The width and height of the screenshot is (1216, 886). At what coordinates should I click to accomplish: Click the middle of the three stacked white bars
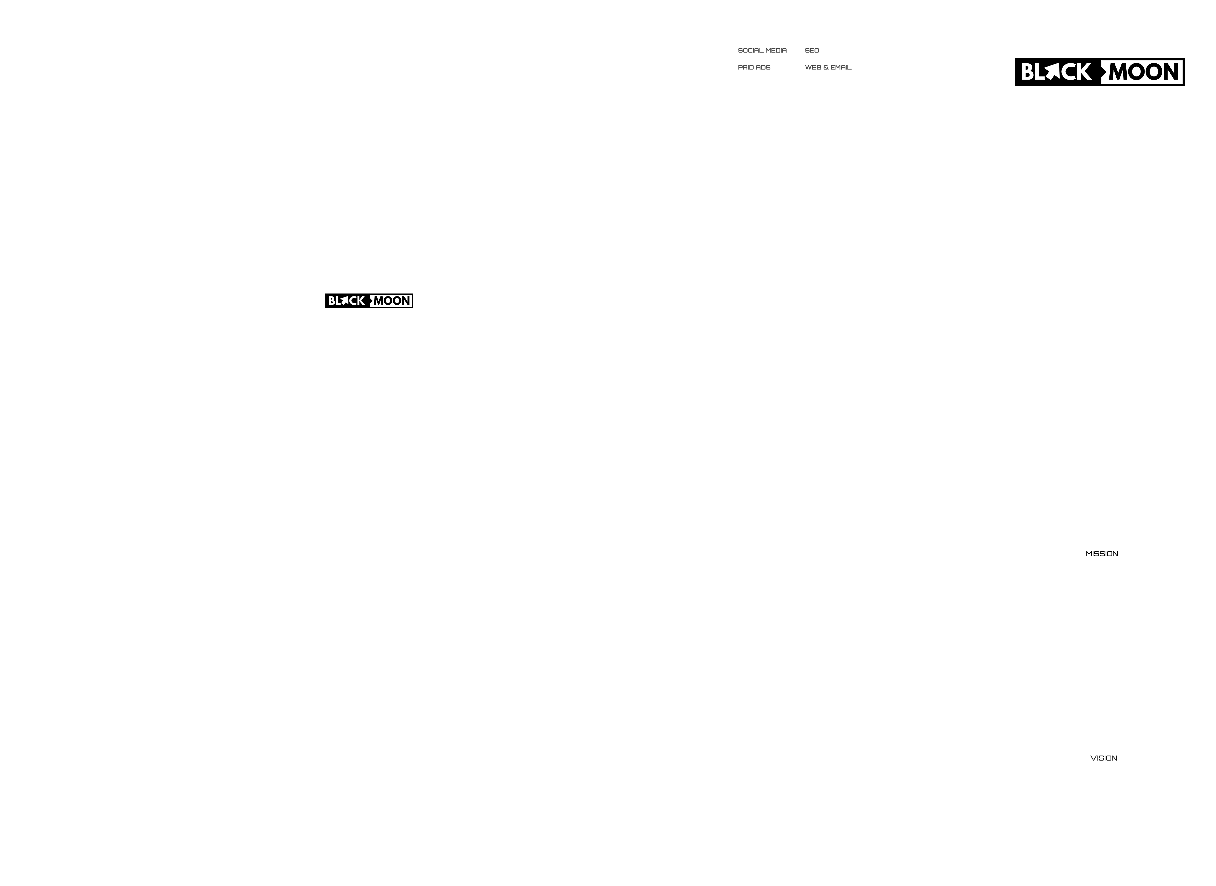pos(794,202)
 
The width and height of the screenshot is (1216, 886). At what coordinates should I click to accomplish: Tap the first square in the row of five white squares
pos(731,424)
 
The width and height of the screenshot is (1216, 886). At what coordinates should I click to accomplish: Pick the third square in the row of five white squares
pos(794,424)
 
